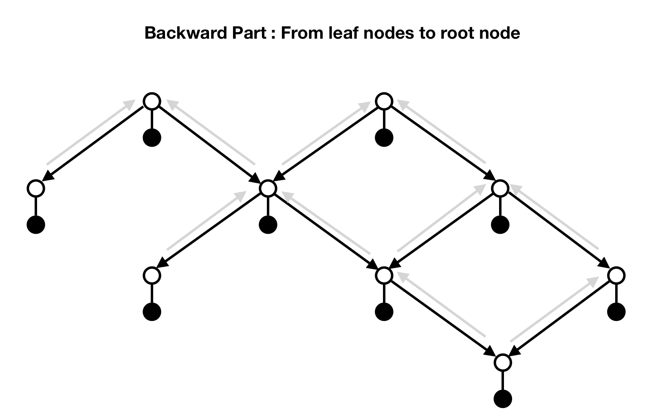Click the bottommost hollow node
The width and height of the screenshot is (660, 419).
pos(502,362)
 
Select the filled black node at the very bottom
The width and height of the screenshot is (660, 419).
pos(502,399)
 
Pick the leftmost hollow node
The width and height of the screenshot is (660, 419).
pos(36,188)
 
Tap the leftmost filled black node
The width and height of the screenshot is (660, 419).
pos(36,224)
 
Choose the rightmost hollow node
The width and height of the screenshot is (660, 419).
pos(616,275)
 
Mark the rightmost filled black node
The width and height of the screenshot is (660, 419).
pos(616,312)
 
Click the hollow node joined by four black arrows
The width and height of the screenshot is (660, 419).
pos(268,188)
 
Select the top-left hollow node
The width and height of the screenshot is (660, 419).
pos(152,101)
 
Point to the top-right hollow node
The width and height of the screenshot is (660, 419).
pos(384,101)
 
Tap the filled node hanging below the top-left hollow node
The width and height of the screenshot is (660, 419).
pos(152,137)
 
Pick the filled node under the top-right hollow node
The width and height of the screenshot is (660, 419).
pos(384,137)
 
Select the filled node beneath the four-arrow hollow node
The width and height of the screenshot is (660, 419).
pos(268,224)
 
